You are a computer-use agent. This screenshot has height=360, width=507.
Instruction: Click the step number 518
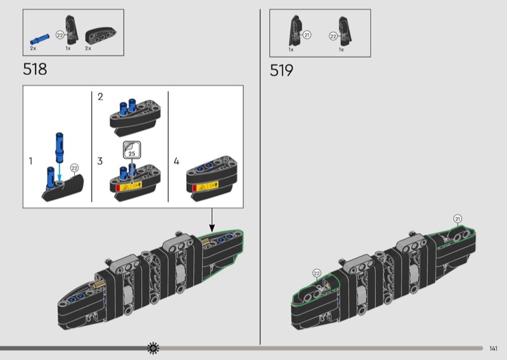pos(35,69)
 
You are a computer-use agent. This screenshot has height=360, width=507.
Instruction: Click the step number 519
pos(281,70)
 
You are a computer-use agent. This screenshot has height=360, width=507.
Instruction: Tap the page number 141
pos(493,349)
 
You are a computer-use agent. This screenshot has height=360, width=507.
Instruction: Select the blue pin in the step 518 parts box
pos(40,39)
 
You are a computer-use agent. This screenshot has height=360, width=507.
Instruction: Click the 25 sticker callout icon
pos(132,150)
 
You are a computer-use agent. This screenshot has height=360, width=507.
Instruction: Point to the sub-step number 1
pos(30,161)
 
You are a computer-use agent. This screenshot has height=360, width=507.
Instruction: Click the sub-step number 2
pos(100,97)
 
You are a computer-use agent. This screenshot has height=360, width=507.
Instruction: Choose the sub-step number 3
pos(100,161)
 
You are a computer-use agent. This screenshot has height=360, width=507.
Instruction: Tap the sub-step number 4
pos(177,161)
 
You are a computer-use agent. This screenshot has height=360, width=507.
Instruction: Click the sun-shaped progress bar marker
pos(153,348)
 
